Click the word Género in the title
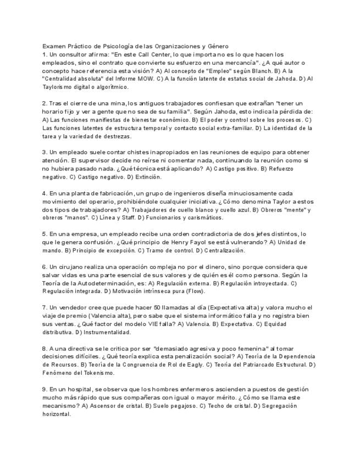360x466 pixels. [217, 47]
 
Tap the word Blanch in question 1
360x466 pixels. [259, 71]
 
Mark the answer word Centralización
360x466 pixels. [224, 250]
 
